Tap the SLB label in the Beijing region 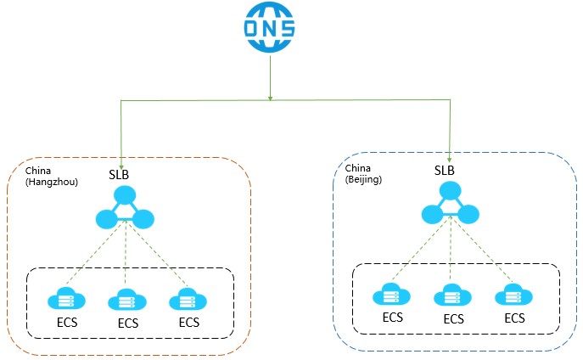(x=445, y=170)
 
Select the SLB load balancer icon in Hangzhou (x=126, y=210)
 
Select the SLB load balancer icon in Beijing (x=451, y=206)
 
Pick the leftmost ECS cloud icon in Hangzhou (x=65, y=300)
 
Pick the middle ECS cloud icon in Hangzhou (x=126, y=300)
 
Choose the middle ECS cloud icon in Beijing (x=451, y=296)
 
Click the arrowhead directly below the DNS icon (x=270, y=97)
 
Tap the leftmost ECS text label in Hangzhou (x=67, y=323)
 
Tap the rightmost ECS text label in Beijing (x=514, y=318)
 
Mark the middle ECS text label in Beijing (x=453, y=319)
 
